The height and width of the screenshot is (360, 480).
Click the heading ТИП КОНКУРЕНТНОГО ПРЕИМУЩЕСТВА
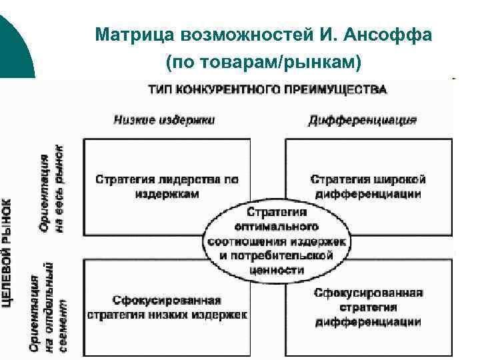(x=267, y=89)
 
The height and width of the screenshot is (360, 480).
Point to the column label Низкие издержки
(x=164, y=120)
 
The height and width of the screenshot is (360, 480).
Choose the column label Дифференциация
(x=363, y=120)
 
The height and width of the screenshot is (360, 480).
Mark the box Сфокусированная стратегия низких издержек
(x=167, y=307)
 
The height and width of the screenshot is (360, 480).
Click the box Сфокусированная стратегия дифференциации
(x=368, y=307)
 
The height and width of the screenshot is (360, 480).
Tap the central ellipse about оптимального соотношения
(x=277, y=240)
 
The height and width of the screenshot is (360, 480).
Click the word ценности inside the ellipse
(x=276, y=270)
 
